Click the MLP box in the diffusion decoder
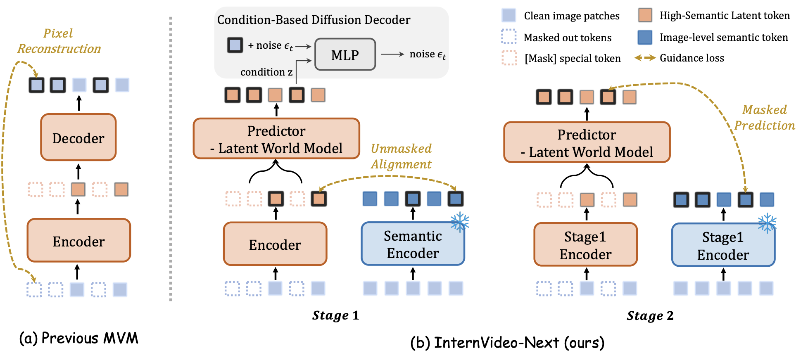point(345,54)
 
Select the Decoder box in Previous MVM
point(78,137)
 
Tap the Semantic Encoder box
point(413,244)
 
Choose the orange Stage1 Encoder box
point(585,245)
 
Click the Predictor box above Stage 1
point(276,139)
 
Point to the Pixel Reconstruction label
point(59,41)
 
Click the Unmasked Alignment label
point(401,156)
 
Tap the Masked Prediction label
point(765,117)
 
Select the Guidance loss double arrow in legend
point(645,58)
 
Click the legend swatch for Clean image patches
point(509,15)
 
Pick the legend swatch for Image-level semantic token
point(645,37)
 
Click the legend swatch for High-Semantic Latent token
point(645,15)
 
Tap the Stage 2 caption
point(650,315)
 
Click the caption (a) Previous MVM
point(78,338)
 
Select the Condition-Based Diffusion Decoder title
point(314,20)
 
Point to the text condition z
point(266,72)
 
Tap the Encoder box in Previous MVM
point(78,241)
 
